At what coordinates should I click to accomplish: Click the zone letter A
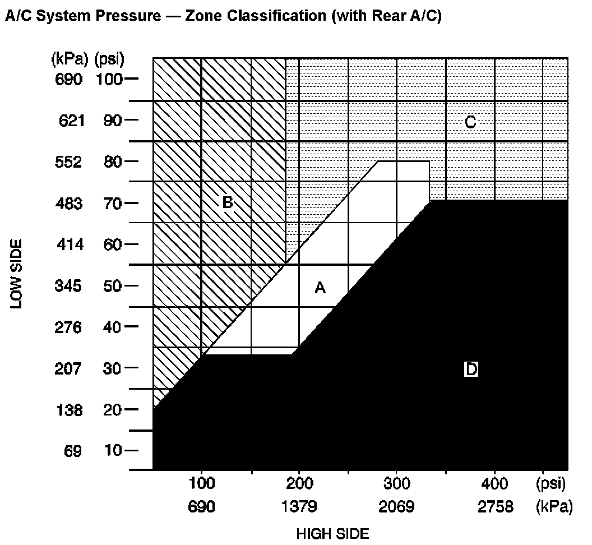[320, 288]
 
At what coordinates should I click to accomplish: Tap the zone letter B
[227, 202]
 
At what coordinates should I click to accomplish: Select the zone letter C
[471, 121]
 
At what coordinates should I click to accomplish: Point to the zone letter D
[471, 370]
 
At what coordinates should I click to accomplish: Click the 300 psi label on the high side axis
[396, 483]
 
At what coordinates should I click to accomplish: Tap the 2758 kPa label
[495, 507]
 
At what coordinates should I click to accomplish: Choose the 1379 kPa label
[299, 507]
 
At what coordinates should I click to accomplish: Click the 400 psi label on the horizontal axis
[494, 483]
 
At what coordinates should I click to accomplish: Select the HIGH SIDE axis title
[332, 534]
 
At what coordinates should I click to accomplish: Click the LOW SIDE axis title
[16, 274]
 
